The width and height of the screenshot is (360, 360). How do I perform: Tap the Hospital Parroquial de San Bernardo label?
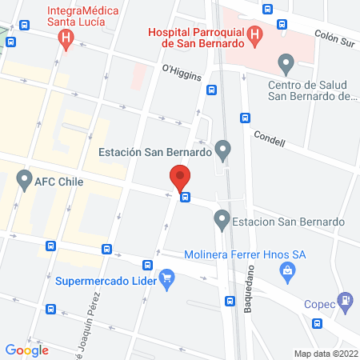click(x=194, y=37)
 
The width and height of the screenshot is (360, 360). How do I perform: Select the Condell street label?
click(x=268, y=138)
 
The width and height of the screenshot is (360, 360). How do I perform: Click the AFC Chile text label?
click(x=58, y=182)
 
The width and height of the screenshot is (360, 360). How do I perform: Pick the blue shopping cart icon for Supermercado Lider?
click(x=166, y=279)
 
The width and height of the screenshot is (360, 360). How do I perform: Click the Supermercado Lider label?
click(x=106, y=280)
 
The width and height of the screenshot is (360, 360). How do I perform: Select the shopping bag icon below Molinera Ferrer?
click(x=286, y=273)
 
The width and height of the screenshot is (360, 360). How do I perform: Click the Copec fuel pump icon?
click(x=345, y=301)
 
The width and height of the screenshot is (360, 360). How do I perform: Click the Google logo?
click(x=26, y=350)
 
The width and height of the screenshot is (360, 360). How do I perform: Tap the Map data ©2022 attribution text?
click(x=326, y=353)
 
